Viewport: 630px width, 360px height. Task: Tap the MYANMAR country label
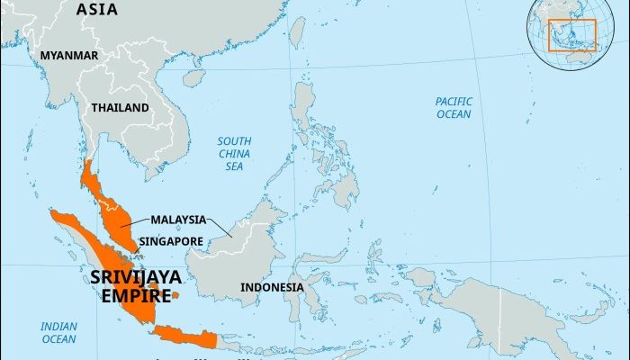pyautogui.click(x=68, y=56)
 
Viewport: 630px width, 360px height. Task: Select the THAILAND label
pyautogui.click(x=120, y=108)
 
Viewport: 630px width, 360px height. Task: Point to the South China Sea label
pyautogui.click(x=234, y=153)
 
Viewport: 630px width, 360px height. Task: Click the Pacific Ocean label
pyautogui.click(x=454, y=108)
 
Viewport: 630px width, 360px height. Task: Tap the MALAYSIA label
pyautogui.click(x=177, y=219)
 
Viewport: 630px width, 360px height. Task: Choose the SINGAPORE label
pyautogui.click(x=172, y=241)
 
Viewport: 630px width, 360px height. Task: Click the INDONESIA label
pyautogui.click(x=272, y=288)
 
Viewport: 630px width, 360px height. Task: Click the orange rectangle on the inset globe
pyautogui.click(x=572, y=34)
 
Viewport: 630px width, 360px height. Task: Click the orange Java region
pyautogui.click(x=184, y=337)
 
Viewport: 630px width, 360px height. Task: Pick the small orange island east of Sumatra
pyautogui.click(x=175, y=295)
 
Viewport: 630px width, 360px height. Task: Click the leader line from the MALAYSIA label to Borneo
pyautogui.click(x=220, y=228)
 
